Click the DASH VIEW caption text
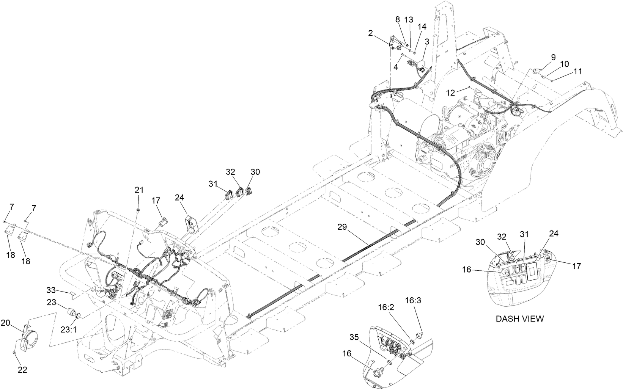pyautogui.click(x=519, y=319)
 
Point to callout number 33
pyautogui.click(x=51, y=290)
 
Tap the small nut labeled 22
pyautogui.click(x=14, y=353)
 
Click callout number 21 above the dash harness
pyautogui.click(x=139, y=190)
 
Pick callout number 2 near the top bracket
pyautogui.click(x=370, y=33)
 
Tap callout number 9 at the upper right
pyautogui.click(x=553, y=57)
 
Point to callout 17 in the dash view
pyautogui.click(x=576, y=267)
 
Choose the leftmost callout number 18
pyautogui.click(x=11, y=255)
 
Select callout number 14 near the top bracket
pyautogui.click(x=422, y=27)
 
